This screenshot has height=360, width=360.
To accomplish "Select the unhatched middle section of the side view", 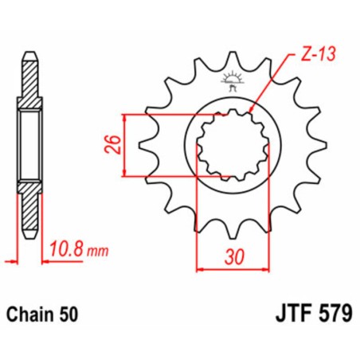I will (29, 144).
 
